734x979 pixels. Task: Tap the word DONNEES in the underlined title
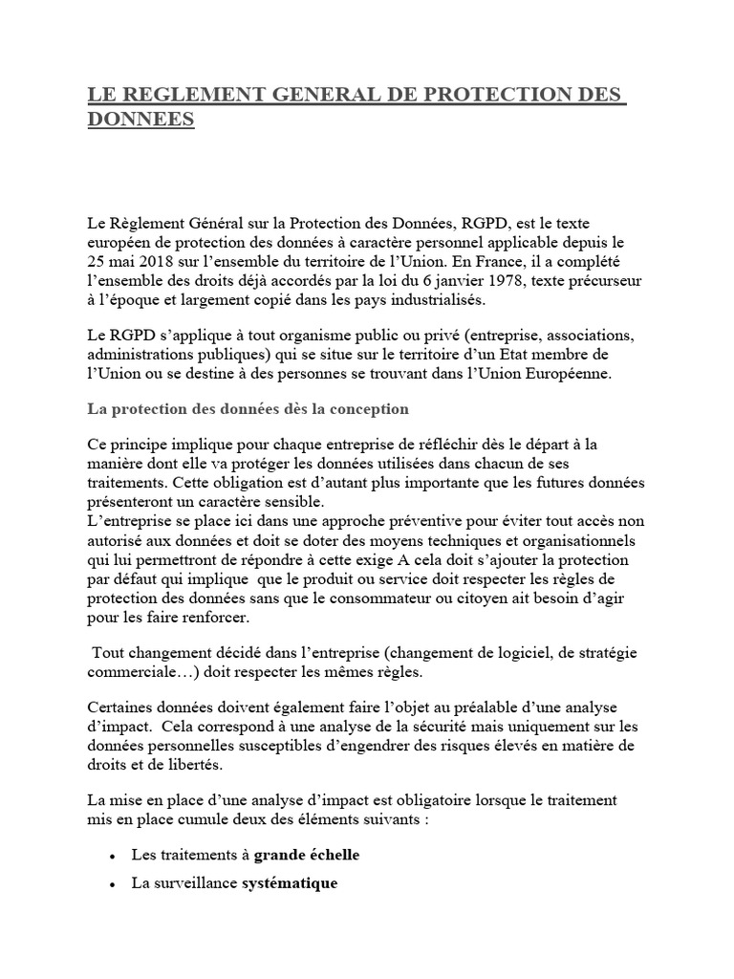pos(141,122)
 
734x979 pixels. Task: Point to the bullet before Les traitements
pos(114,857)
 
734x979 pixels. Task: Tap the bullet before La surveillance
pos(114,885)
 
